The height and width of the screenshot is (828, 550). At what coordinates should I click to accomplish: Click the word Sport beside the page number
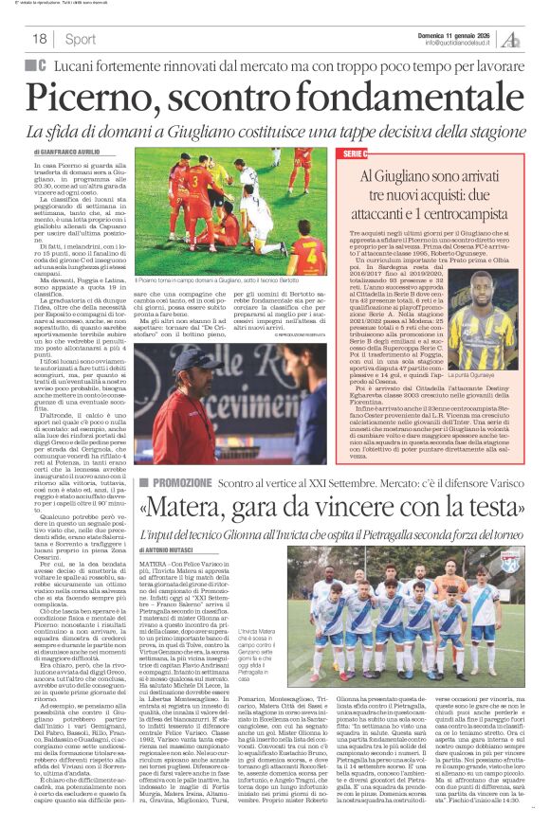coord(81,39)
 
